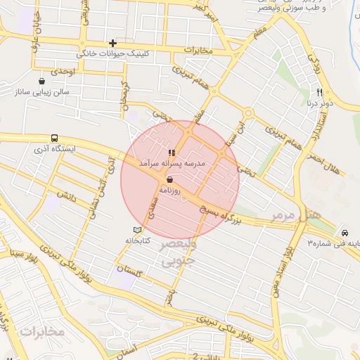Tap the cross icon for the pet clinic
point(112,43)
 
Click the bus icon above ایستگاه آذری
point(55,139)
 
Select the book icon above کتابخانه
point(137,230)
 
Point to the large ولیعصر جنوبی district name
point(181,254)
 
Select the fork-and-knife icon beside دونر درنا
point(319,92)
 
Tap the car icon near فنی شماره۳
point(345,233)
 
